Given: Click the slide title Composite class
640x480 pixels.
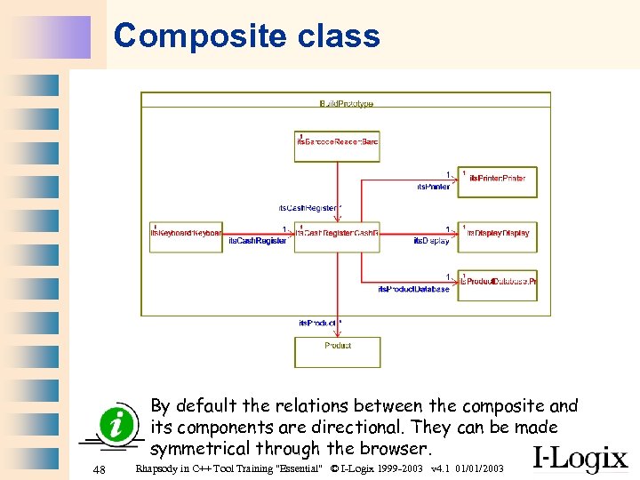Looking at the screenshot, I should click(x=246, y=36).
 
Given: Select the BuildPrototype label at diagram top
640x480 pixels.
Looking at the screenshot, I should click(x=346, y=105).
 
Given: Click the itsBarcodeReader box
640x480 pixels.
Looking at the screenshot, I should click(x=337, y=144).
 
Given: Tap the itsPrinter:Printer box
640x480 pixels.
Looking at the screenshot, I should click(x=497, y=179).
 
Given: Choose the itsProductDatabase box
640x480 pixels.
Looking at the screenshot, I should click(x=497, y=283).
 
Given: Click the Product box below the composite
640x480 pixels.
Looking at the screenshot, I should click(x=337, y=350).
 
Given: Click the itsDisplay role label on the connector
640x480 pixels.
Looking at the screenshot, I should click(x=431, y=242).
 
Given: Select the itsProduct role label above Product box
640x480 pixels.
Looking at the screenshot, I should click(x=317, y=322).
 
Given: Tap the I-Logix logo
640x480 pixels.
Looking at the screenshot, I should click(x=580, y=458).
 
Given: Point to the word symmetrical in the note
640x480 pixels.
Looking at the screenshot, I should click(x=201, y=449).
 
